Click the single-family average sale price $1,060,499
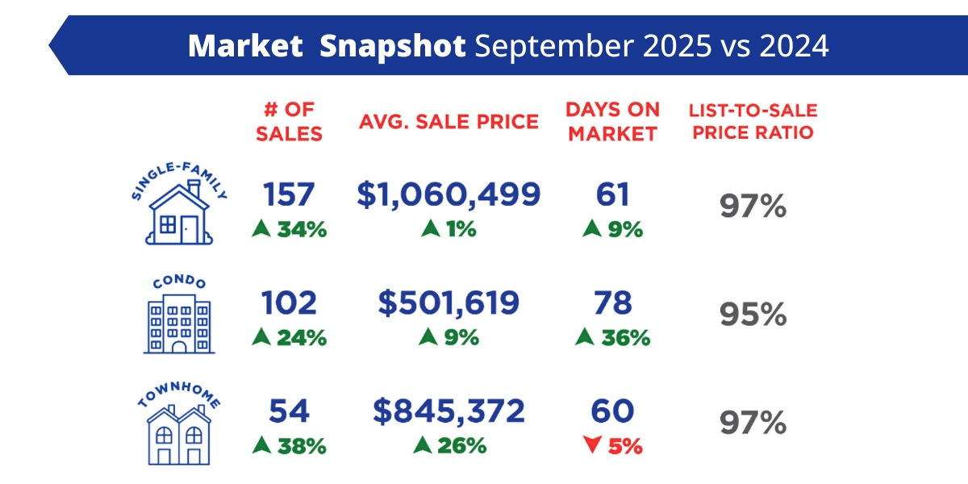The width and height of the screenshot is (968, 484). tap(449, 194)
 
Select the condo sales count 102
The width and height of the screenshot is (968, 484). tap(289, 303)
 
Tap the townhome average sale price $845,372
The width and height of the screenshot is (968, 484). tap(449, 411)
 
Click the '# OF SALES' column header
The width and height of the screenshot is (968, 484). tap(289, 122)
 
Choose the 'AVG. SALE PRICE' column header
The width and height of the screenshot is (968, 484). tap(449, 122)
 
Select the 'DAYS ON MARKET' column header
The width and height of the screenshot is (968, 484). tap(612, 122)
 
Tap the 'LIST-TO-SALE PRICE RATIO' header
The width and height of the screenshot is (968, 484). tap(753, 122)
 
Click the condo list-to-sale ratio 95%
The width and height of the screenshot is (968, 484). tap(753, 315)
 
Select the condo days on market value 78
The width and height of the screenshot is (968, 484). tap(612, 303)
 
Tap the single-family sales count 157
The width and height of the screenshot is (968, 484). tap(289, 194)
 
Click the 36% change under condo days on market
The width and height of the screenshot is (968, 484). tap(623, 337)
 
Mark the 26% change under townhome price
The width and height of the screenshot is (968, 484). tap(460, 444)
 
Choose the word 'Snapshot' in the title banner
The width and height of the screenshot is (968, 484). tap(392, 46)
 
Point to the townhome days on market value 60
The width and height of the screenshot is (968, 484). tap(612, 411)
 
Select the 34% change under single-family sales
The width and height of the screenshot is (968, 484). tap(299, 229)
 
